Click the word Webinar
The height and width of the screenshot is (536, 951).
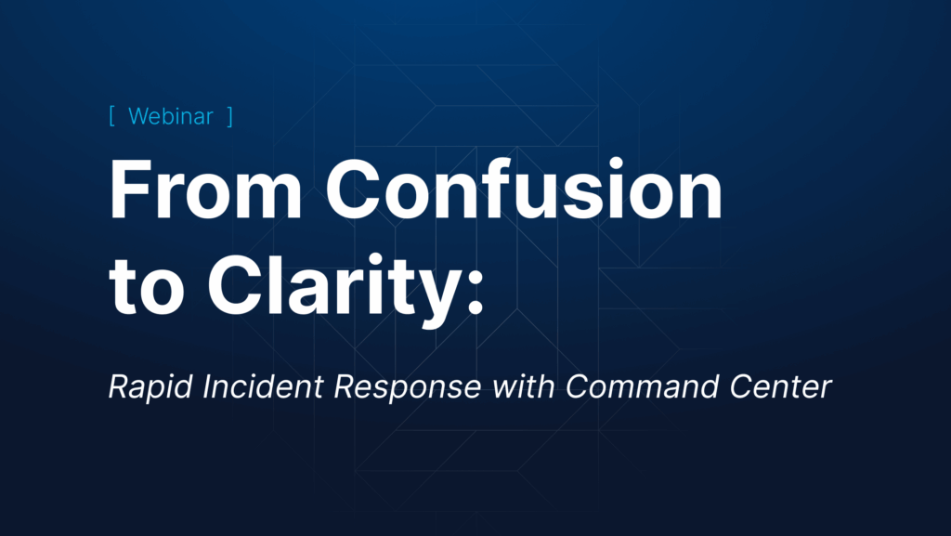[x=171, y=116]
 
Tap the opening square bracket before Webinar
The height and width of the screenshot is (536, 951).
[x=111, y=116]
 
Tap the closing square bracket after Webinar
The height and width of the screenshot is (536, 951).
[x=230, y=116]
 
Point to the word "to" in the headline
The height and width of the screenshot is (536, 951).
[x=146, y=286]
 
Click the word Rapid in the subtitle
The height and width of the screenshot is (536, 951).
[x=150, y=387]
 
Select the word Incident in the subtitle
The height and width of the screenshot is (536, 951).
[x=263, y=386]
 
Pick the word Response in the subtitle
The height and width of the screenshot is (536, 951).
[x=408, y=387]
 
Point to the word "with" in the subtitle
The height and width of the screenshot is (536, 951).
[x=523, y=386]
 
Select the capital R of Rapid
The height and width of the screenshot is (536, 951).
[x=119, y=386]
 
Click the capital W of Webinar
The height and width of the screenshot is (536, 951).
[x=141, y=116]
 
